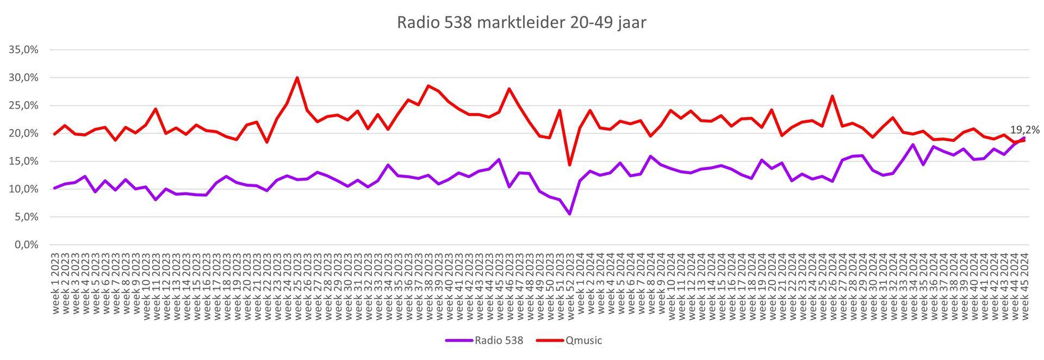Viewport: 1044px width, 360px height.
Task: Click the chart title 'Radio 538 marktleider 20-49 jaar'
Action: (x=521, y=23)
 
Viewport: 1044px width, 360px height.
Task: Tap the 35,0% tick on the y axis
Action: (x=24, y=50)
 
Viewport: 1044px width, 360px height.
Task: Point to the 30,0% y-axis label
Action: (x=24, y=78)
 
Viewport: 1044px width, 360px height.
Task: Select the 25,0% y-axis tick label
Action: (x=24, y=105)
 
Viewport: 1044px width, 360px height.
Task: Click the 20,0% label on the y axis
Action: (x=24, y=134)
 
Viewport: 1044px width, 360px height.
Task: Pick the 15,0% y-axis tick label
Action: (x=24, y=162)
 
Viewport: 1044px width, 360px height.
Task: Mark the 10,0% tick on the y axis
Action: (x=24, y=189)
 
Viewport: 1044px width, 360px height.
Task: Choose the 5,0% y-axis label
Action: (x=26, y=217)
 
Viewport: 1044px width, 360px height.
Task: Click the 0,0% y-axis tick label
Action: (x=26, y=245)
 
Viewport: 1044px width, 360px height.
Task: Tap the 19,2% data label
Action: (x=1024, y=130)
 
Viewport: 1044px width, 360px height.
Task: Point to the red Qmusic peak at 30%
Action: (x=297, y=77)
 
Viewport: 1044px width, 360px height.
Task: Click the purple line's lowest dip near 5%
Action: (x=569, y=214)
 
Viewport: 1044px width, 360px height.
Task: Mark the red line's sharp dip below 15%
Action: (x=569, y=165)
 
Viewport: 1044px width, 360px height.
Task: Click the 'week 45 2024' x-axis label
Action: (x=1024, y=283)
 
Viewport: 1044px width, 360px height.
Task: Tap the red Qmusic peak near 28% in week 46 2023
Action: (x=509, y=89)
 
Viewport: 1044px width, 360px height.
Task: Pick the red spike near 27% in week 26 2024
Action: (x=832, y=96)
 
